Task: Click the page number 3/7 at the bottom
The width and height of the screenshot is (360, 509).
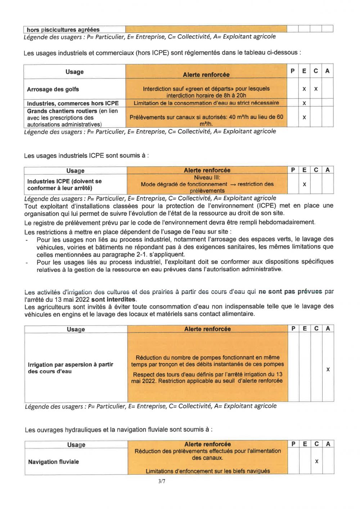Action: [162, 481]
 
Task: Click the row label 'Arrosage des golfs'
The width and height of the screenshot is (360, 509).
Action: [53, 89]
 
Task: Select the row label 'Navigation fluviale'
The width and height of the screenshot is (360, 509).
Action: [53, 462]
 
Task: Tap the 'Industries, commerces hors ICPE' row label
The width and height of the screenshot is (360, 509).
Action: [73, 103]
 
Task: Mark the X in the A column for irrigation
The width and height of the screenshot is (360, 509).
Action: [328, 369]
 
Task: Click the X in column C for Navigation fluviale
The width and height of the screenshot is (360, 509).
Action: [316, 461]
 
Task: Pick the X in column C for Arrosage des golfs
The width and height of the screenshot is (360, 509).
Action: [316, 89]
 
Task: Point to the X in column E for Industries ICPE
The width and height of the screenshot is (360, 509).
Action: [305, 184]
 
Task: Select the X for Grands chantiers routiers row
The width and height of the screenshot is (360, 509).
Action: [304, 117]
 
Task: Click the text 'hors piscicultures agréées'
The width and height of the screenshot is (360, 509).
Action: [63, 30]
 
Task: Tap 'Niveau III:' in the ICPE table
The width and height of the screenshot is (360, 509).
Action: [207, 177]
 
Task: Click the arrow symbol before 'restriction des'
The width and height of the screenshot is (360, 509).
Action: [233, 184]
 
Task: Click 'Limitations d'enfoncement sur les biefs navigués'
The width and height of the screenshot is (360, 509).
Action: [208, 471]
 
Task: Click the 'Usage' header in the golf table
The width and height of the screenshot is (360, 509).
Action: [75, 72]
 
